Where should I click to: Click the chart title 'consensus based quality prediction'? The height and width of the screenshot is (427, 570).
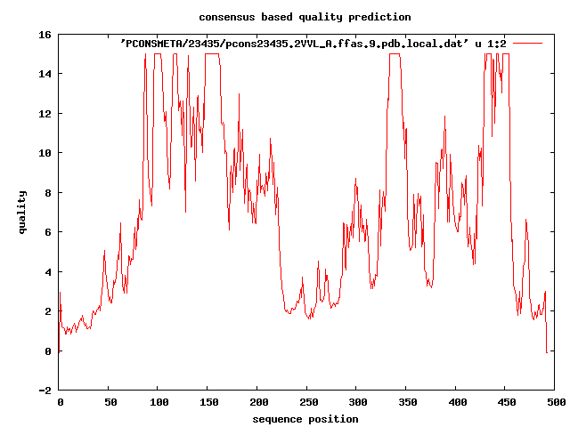(x=305, y=17)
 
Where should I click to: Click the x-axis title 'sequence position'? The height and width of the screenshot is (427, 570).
(x=305, y=418)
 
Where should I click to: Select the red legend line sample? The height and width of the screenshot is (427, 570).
(x=528, y=43)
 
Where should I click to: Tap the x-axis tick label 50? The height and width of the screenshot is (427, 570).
(x=109, y=403)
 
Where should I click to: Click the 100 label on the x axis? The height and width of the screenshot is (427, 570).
(x=159, y=403)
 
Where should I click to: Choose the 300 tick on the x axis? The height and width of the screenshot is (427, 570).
(x=356, y=403)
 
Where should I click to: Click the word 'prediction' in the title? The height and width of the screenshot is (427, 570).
(x=381, y=17)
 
